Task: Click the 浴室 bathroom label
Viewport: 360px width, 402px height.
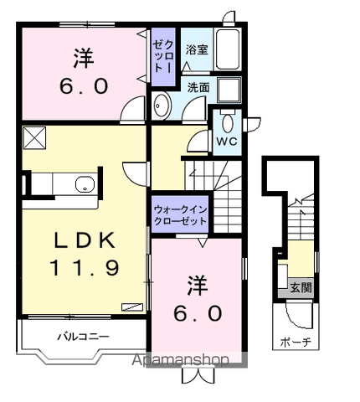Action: coord(198,50)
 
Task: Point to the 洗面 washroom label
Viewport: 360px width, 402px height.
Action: coord(198,86)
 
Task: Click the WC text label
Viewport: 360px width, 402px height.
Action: coord(226,141)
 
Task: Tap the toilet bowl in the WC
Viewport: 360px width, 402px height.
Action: coord(227,122)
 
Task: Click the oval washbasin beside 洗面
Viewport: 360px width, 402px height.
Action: coord(162,106)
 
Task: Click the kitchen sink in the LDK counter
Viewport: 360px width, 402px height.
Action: coord(84,184)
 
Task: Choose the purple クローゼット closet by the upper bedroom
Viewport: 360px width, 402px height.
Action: coord(162,56)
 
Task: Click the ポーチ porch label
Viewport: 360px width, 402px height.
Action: coord(296,342)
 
